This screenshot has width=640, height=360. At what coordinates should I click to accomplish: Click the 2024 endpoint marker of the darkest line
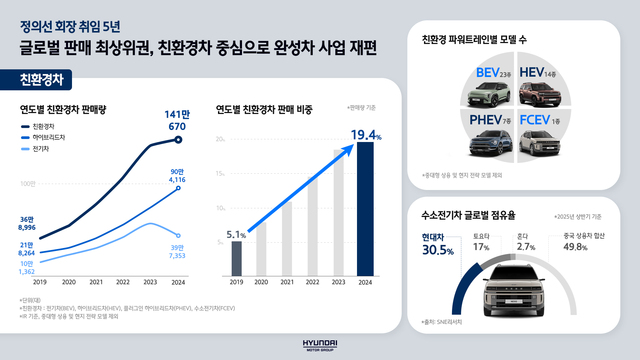pos(179,140)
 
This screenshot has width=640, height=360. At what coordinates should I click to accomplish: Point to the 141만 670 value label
pos(178,119)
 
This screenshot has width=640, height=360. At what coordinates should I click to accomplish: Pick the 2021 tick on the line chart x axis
pos(98,282)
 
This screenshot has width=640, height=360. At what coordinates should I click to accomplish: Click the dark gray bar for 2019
pos(236,258)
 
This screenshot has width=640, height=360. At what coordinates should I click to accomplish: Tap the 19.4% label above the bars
pos(366,133)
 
